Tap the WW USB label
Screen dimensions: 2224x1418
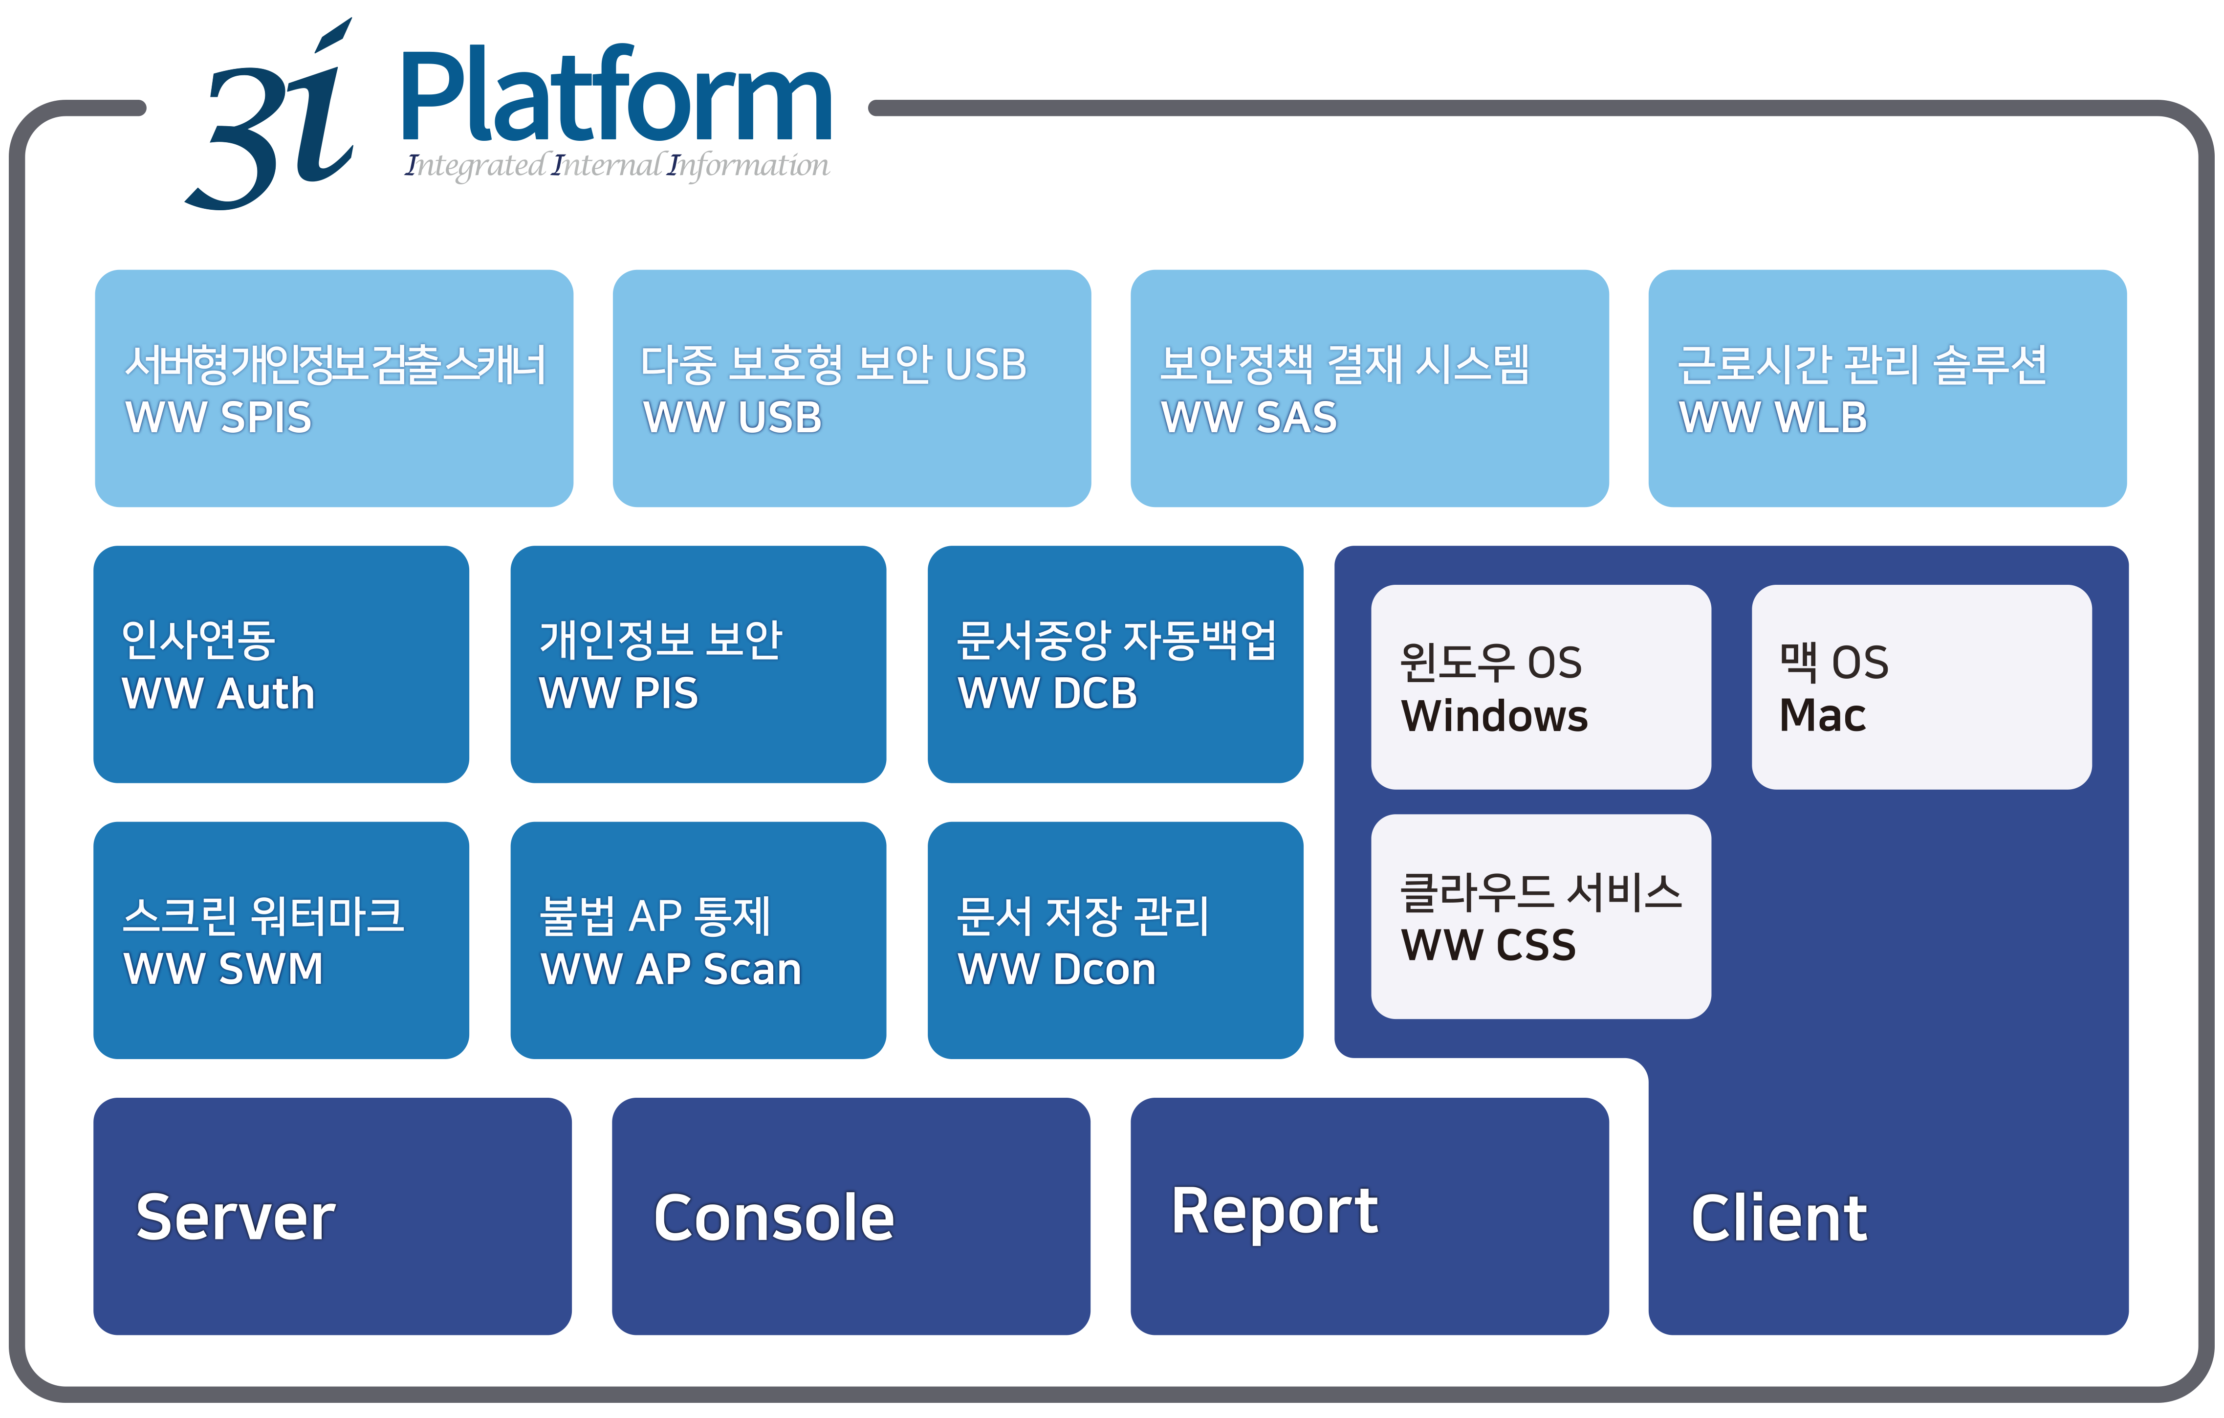pos(732,418)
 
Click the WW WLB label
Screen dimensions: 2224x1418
pos(1772,418)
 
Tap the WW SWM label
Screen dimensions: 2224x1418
pos(223,969)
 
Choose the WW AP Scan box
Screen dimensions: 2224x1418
pos(698,940)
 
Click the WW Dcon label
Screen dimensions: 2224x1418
pos(1057,969)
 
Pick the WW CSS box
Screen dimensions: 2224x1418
pos(1541,916)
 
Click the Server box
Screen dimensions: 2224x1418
pos(332,1216)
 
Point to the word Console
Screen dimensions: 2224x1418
pos(774,1218)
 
